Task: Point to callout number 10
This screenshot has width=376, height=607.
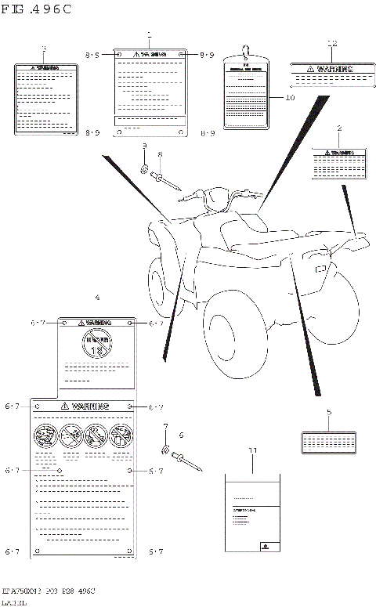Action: [290, 98]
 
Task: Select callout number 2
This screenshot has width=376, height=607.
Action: [339, 128]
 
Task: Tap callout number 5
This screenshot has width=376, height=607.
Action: [329, 411]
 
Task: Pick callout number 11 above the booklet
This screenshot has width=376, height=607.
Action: [252, 451]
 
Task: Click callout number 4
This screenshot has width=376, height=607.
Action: [96, 298]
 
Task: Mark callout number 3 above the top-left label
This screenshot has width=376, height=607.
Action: [44, 49]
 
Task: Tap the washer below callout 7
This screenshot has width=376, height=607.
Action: [166, 450]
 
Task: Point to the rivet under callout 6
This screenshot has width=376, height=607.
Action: [188, 461]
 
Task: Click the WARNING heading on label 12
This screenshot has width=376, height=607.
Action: [332, 69]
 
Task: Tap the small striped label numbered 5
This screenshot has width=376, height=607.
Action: [329, 441]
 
